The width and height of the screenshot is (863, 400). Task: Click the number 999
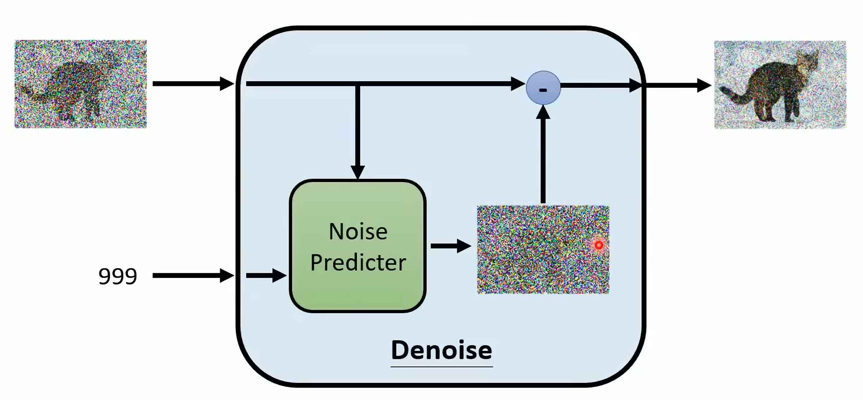118,276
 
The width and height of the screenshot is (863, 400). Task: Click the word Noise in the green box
358,231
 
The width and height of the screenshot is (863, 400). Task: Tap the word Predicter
358,262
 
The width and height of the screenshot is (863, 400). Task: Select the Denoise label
442,350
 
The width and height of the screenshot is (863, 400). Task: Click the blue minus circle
543,88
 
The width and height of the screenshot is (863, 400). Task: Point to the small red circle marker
598,245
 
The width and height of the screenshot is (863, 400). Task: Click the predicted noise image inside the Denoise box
543,250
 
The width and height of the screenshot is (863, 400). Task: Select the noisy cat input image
81,84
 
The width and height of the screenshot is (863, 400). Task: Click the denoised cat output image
780,85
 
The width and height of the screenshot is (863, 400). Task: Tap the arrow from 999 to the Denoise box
193,275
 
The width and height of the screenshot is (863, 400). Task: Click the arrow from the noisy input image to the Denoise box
193,83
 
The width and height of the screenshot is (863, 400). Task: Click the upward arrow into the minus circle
543,154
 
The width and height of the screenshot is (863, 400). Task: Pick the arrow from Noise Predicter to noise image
451,246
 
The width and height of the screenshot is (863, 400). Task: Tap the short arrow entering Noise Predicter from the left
266,275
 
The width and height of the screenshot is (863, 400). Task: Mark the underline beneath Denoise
442,366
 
